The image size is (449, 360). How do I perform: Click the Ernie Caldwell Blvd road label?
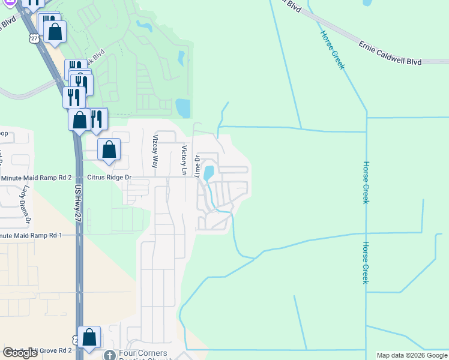[x=390, y=53]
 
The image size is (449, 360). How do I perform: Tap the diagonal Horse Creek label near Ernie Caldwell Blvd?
[x=332, y=50]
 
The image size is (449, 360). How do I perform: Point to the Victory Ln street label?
[x=184, y=157]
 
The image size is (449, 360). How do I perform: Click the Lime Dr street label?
[x=197, y=166]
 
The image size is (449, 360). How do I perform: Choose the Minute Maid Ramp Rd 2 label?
[x=36, y=178]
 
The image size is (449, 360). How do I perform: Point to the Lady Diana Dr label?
[x=26, y=206]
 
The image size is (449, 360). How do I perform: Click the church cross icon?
[x=109, y=355]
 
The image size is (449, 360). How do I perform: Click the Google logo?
[x=20, y=353]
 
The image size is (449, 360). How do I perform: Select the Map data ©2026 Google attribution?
[x=412, y=356]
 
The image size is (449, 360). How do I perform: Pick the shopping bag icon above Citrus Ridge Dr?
[x=109, y=149]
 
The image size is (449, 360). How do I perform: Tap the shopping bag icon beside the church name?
[x=89, y=339]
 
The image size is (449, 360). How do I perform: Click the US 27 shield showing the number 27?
[x=34, y=38]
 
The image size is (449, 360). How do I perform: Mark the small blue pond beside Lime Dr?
[x=208, y=173]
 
